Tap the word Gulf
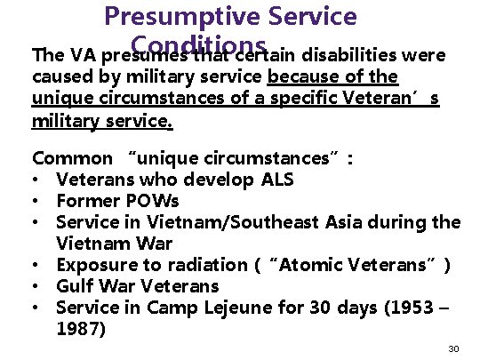74,285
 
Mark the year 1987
76,328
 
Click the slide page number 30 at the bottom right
453,349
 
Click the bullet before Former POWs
37,202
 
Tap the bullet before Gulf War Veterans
37,286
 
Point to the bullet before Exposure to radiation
37,265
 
